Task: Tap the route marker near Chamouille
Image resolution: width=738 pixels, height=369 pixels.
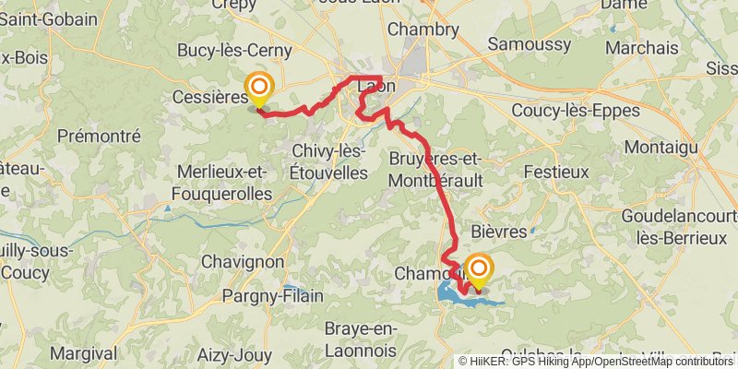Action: (479, 268)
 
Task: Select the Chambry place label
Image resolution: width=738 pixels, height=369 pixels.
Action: (423, 30)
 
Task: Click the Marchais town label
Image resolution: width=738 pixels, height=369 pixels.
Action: (637, 47)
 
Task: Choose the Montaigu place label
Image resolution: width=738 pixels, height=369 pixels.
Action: (658, 147)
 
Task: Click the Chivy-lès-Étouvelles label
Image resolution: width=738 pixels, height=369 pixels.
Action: (328, 161)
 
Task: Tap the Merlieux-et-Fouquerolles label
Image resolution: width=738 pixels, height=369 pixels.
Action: (221, 183)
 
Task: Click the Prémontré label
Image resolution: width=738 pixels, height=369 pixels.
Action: (98, 136)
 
